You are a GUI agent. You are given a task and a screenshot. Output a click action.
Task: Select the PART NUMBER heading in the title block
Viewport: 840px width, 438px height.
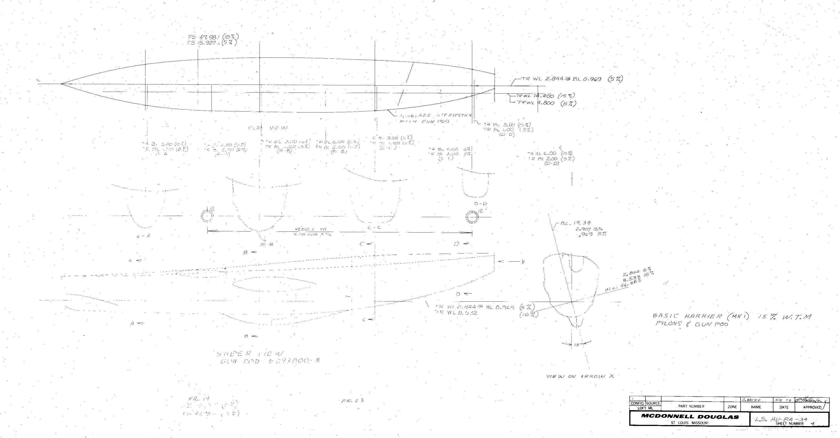point(691,406)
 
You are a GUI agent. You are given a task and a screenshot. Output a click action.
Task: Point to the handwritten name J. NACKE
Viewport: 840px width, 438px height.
point(752,400)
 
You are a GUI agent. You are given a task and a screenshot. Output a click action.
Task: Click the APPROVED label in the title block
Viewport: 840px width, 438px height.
point(812,407)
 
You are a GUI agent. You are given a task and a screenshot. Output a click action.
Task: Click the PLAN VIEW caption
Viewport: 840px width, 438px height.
point(268,128)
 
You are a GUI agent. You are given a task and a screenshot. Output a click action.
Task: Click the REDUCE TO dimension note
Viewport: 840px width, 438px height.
point(310,230)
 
